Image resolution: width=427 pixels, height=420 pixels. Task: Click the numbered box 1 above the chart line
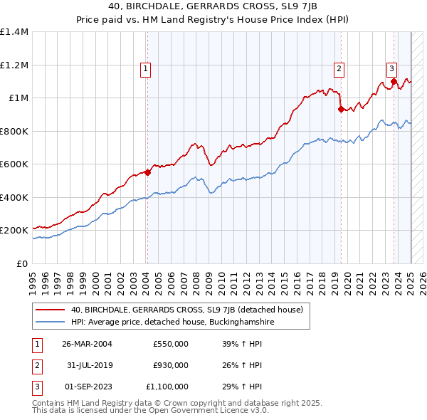tap(145, 69)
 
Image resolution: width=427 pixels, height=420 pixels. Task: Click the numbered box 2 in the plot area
tap(339, 69)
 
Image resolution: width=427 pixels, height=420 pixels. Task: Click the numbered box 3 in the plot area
tap(391, 69)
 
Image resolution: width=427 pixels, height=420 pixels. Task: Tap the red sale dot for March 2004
tap(147, 172)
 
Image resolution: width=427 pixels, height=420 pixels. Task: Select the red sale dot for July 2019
tap(341, 109)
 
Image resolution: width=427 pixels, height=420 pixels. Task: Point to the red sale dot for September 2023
tap(394, 81)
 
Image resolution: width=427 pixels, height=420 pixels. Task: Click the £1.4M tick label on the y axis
tap(14, 32)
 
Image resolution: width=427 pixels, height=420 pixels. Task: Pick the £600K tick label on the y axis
tap(14, 164)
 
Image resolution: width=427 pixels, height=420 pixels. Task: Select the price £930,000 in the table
tap(171, 365)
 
